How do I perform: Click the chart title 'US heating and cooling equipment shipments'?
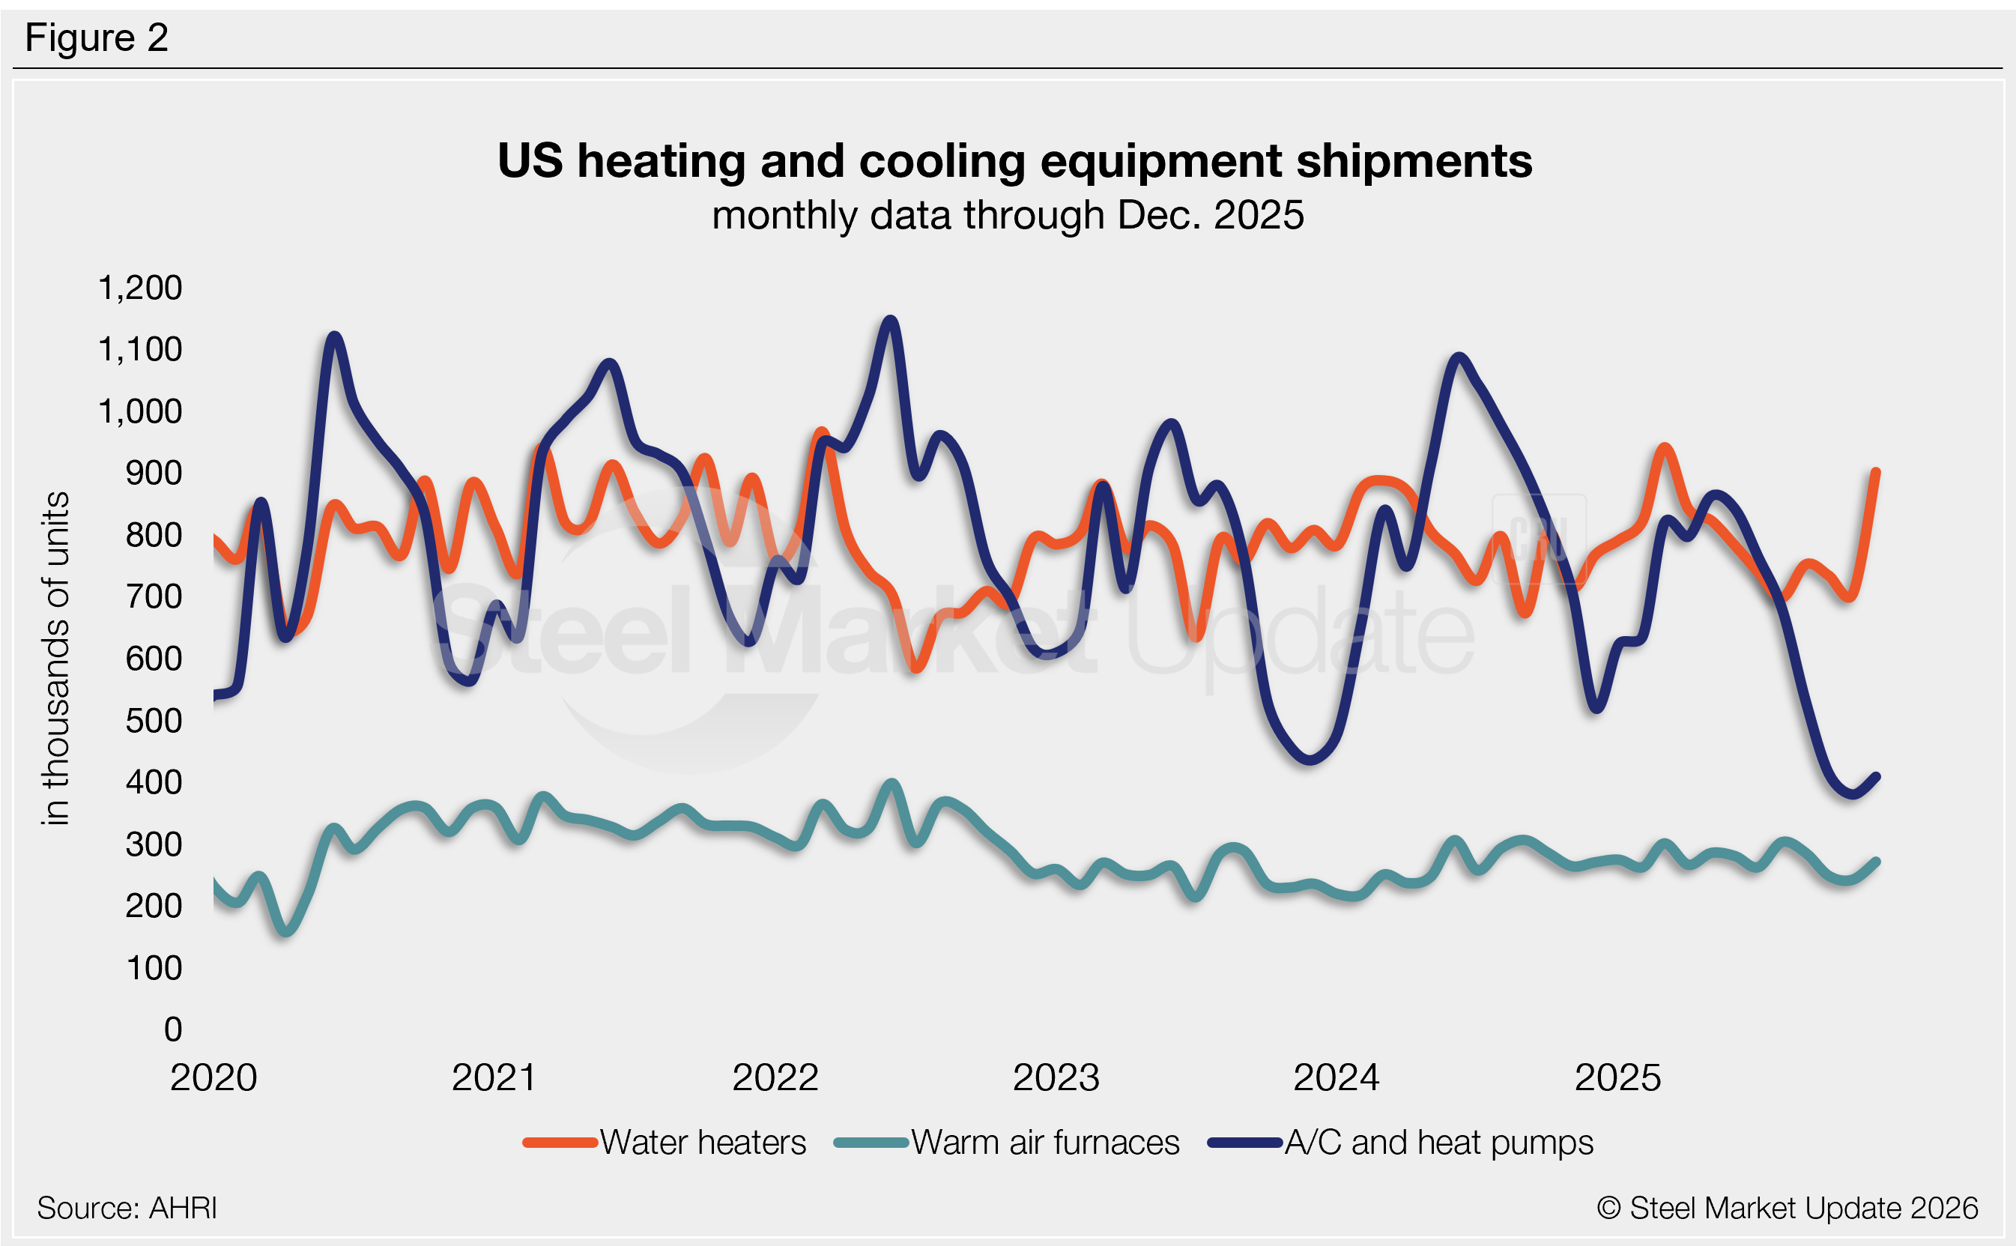pos(1014,160)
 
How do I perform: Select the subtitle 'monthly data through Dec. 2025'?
pos(1008,215)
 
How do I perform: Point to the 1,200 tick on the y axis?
pos(140,288)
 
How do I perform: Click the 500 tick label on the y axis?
pos(154,720)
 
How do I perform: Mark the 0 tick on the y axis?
pos(173,1029)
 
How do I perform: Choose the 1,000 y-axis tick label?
pos(140,411)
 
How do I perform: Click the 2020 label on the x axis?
pos(214,1078)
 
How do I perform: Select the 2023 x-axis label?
pos(1056,1078)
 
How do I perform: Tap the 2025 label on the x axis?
pos(1617,1078)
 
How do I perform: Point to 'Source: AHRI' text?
pos(127,1208)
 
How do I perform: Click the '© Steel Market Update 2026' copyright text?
pos(1787,1208)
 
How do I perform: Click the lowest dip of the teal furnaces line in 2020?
pos(286,932)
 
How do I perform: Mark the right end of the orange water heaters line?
pos(1876,472)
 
